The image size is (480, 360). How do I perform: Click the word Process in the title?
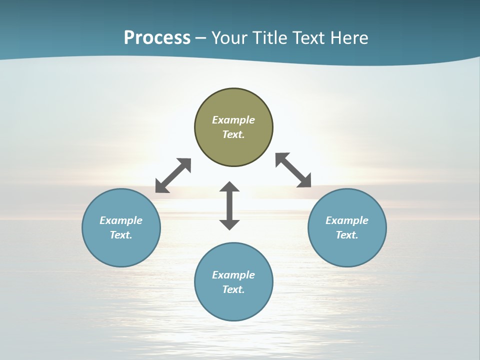[x=157, y=38]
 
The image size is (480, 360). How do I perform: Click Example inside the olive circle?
[x=233, y=120]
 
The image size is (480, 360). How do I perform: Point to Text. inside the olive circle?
[x=233, y=134]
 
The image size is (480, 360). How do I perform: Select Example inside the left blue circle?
[x=121, y=220]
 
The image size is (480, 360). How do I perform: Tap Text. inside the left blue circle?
[x=121, y=235]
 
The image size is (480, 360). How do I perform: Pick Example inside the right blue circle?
[x=347, y=220]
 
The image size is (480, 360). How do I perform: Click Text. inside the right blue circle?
[x=347, y=235]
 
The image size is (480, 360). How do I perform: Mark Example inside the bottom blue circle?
[x=233, y=275]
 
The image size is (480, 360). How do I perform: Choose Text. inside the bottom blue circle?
[x=233, y=289]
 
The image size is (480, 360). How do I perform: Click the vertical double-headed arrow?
[x=229, y=205]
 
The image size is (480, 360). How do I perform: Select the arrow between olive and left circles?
[x=173, y=175]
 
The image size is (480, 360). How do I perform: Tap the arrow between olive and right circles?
[x=293, y=170]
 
